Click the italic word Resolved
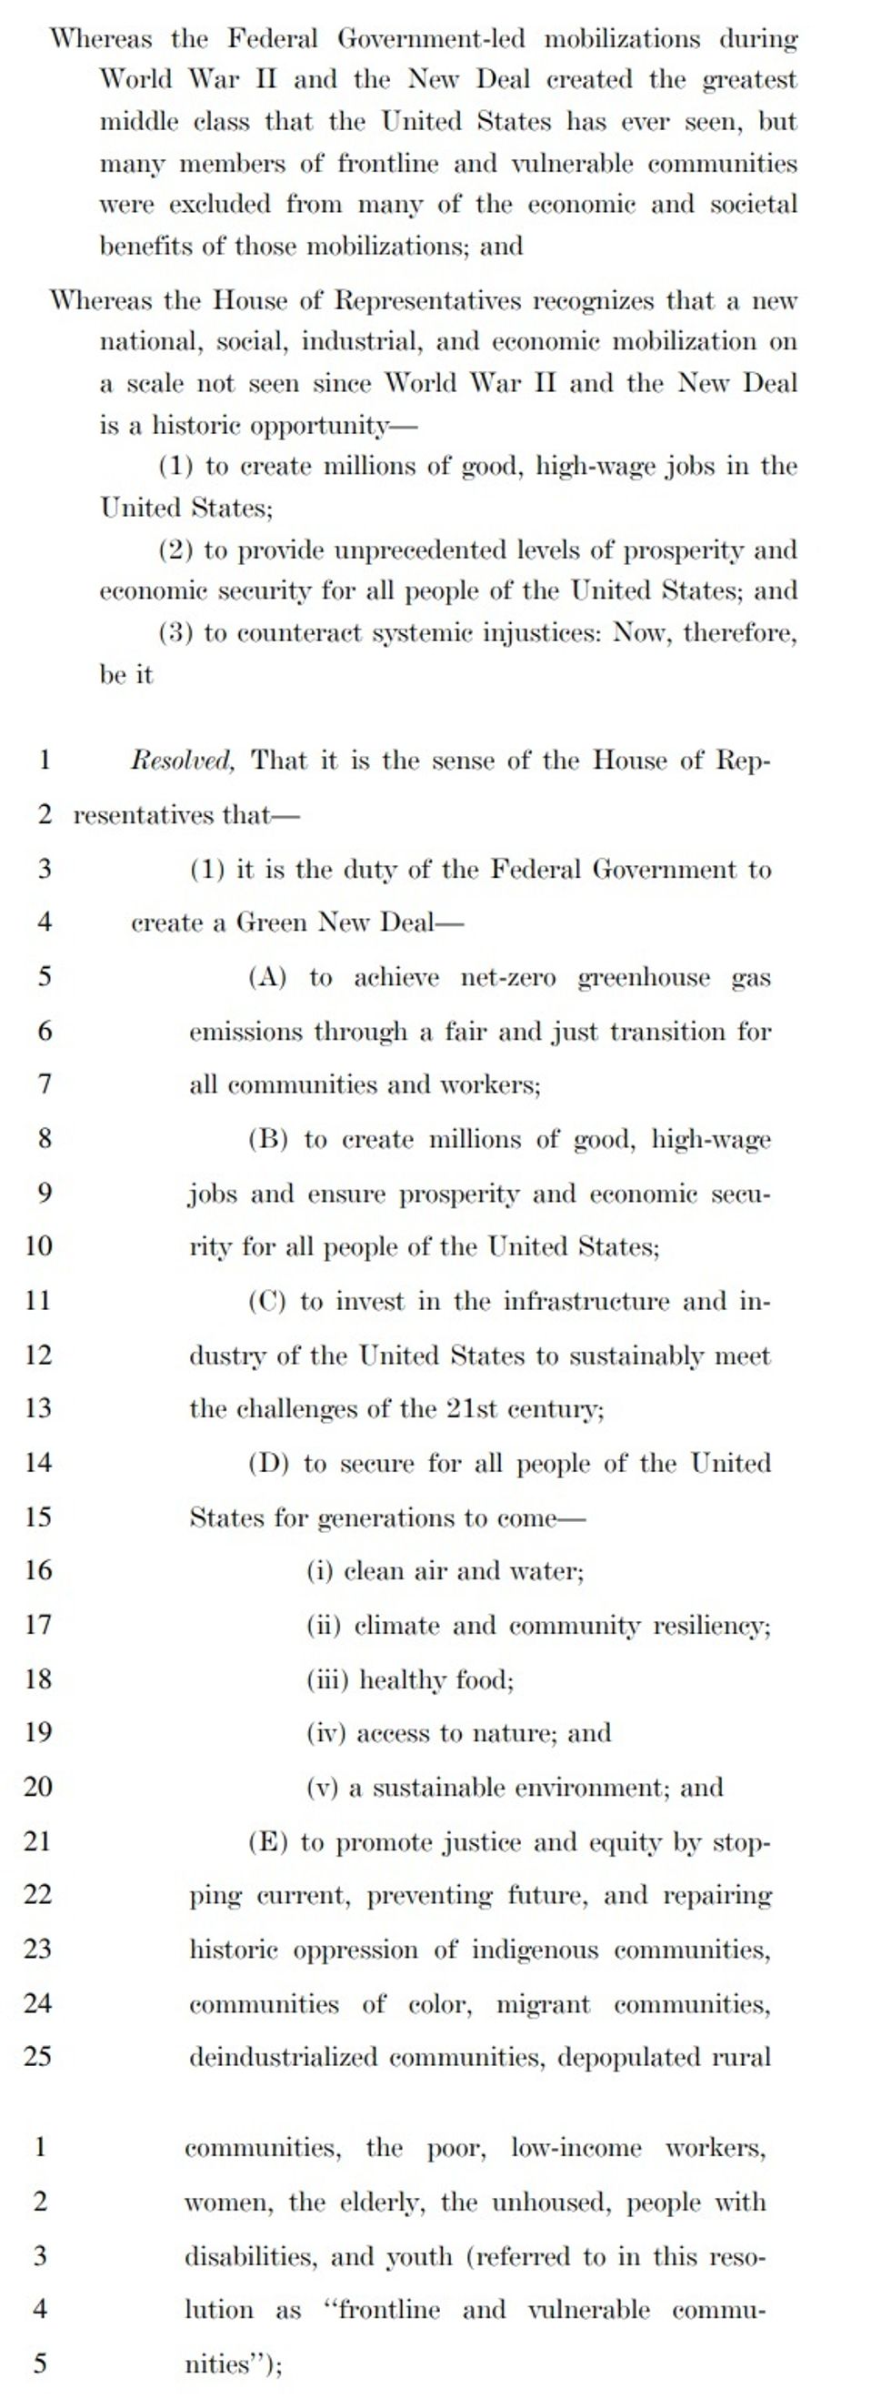[x=183, y=761]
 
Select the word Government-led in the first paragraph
[x=430, y=39]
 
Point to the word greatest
[x=749, y=81]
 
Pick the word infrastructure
[x=586, y=1301]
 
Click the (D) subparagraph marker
[x=269, y=1463]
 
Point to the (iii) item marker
[x=326, y=1680]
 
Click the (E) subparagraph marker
[x=268, y=1842]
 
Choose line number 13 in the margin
[x=37, y=1407]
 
